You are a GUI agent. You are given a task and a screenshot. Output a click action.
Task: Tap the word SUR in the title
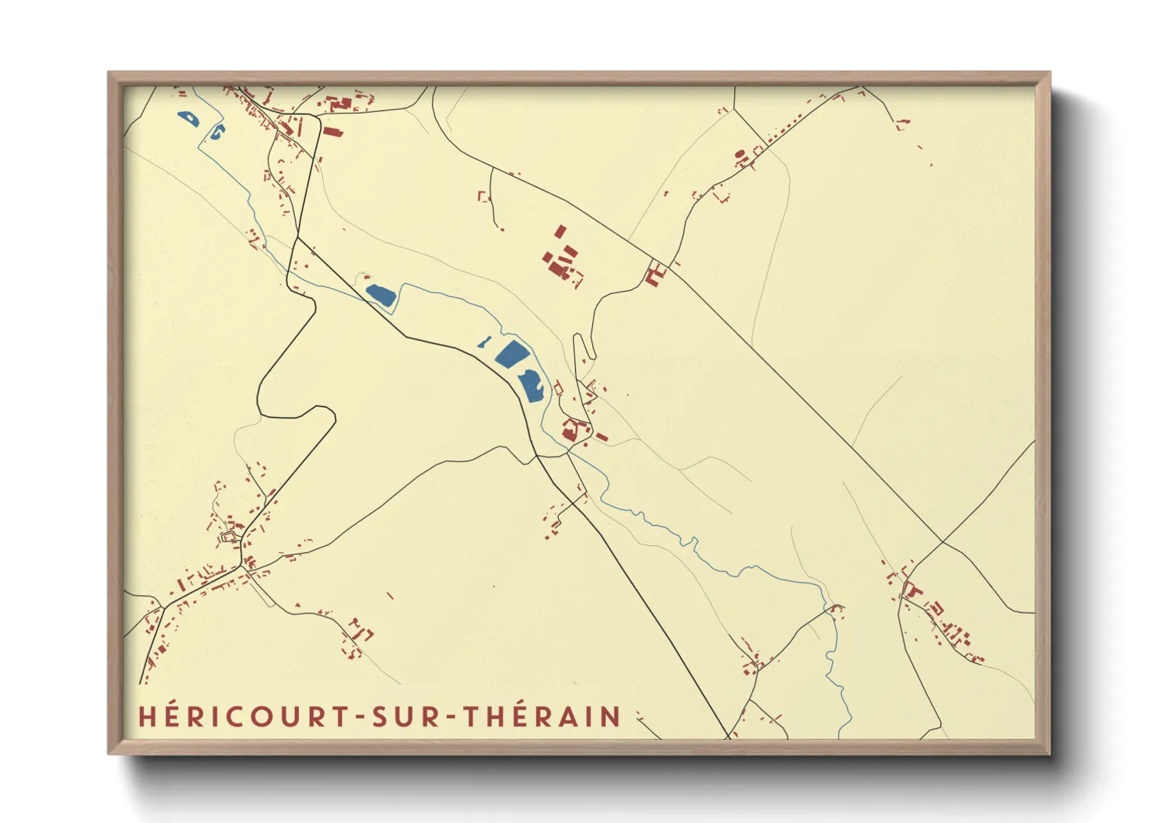402,716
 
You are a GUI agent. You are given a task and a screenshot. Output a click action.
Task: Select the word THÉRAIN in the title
543,716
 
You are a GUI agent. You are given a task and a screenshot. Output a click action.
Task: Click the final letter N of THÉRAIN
612,716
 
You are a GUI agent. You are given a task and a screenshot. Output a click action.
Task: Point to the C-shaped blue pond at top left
216,131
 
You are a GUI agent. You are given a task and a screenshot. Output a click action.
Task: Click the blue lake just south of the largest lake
532,386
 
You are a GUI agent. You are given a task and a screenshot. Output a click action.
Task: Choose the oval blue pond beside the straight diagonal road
381,294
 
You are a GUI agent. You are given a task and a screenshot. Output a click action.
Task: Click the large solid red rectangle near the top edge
332,131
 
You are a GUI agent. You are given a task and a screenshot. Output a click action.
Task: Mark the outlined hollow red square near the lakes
557,387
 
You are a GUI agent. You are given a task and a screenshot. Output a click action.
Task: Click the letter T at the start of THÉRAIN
472,716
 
